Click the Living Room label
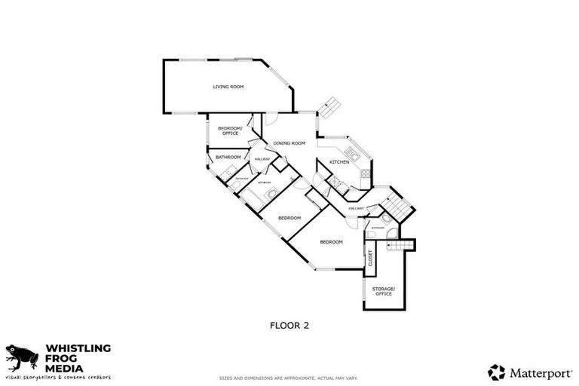click(x=228, y=87)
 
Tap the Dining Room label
click(x=289, y=143)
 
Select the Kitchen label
click(x=338, y=162)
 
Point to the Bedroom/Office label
click(x=229, y=130)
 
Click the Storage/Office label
click(x=383, y=291)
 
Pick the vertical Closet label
click(x=370, y=259)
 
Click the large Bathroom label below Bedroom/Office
click(x=228, y=157)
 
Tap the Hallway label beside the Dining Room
click(x=262, y=159)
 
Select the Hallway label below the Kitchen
click(x=357, y=208)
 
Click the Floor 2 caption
click(x=289, y=326)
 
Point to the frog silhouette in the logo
click(x=21, y=356)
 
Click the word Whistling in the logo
click(x=78, y=348)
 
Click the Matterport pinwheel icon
click(x=496, y=372)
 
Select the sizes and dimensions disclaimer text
click(x=289, y=378)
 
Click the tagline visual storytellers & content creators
click(x=59, y=375)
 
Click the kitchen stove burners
click(x=365, y=174)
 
